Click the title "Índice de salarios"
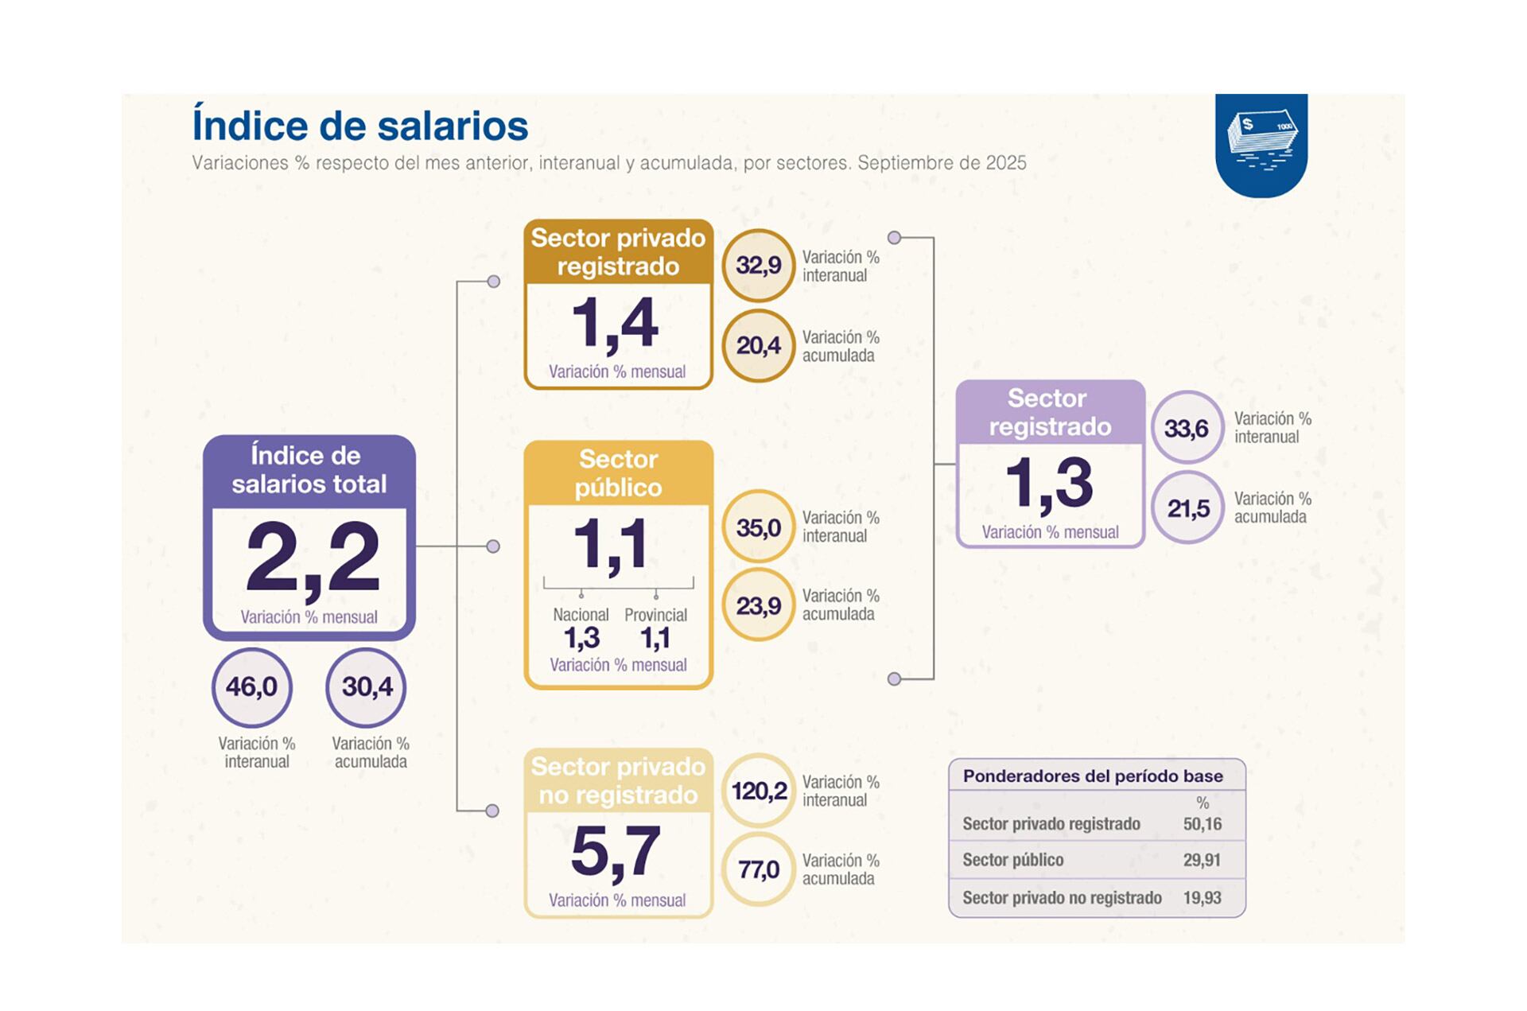[359, 126]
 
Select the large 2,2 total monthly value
[312, 558]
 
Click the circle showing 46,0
[252, 687]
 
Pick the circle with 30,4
[366, 687]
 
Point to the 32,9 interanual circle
[758, 266]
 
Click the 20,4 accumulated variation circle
[758, 346]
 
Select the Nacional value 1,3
[581, 638]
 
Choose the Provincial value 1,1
[655, 638]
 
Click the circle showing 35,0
[758, 527]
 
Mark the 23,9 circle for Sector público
[758, 606]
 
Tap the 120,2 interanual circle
[758, 791]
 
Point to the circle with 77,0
[758, 869]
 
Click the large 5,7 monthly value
[616, 852]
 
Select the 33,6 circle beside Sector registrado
[1187, 428]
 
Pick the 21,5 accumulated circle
[1187, 508]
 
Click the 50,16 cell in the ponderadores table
[1202, 824]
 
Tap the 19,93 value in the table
[1202, 898]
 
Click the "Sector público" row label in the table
[1012, 860]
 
